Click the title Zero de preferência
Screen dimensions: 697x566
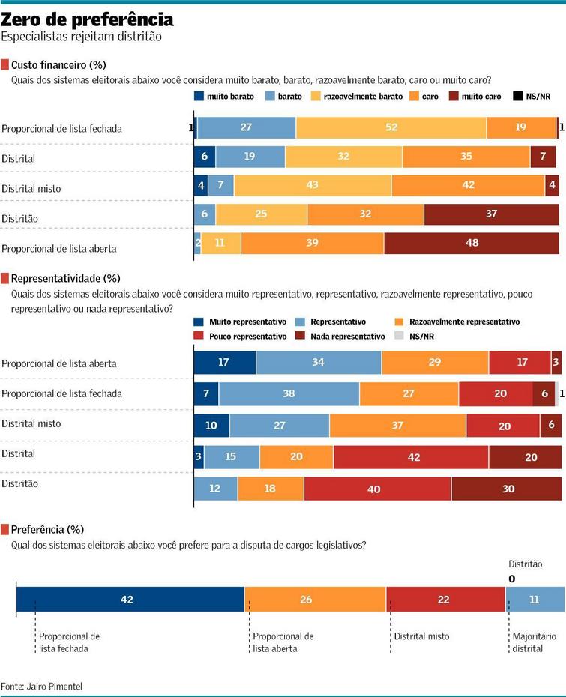pyautogui.click(x=88, y=19)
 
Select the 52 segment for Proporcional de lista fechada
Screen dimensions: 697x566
pyautogui.click(x=391, y=128)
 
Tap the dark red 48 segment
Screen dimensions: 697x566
pyautogui.click(x=472, y=244)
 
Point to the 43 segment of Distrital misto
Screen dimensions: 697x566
pyautogui.click(x=312, y=185)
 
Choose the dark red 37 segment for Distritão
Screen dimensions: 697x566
pyautogui.click(x=491, y=214)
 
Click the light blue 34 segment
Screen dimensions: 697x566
pyautogui.click(x=319, y=363)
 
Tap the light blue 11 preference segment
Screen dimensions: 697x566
pyautogui.click(x=535, y=600)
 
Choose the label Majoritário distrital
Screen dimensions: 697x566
pyautogui.click(x=534, y=642)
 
